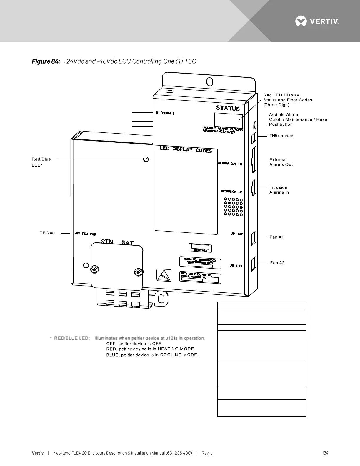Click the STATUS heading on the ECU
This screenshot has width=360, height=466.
click(228, 108)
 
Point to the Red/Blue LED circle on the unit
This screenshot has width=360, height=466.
click(145, 159)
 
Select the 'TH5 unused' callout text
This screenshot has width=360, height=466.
click(281, 136)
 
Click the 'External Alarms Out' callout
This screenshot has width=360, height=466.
click(281, 162)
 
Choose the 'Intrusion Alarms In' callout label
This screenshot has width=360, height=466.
click(279, 190)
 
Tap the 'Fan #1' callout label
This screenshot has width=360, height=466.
click(276, 237)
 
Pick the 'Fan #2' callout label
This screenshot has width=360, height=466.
click(277, 263)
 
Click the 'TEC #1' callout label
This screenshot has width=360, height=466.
click(47, 233)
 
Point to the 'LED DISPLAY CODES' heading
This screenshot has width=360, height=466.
click(186, 149)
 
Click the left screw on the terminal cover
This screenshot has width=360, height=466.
click(94, 269)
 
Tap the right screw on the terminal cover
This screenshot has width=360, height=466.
click(138, 272)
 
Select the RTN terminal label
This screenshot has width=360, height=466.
click(107, 242)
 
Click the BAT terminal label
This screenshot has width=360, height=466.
click(128, 243)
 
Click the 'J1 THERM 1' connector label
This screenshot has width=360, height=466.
click(165, 113)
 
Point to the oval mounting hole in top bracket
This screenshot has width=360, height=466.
click(210, 81)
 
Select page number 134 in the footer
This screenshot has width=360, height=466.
click(325, 453)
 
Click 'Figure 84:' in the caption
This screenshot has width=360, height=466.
click(46, 61)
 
